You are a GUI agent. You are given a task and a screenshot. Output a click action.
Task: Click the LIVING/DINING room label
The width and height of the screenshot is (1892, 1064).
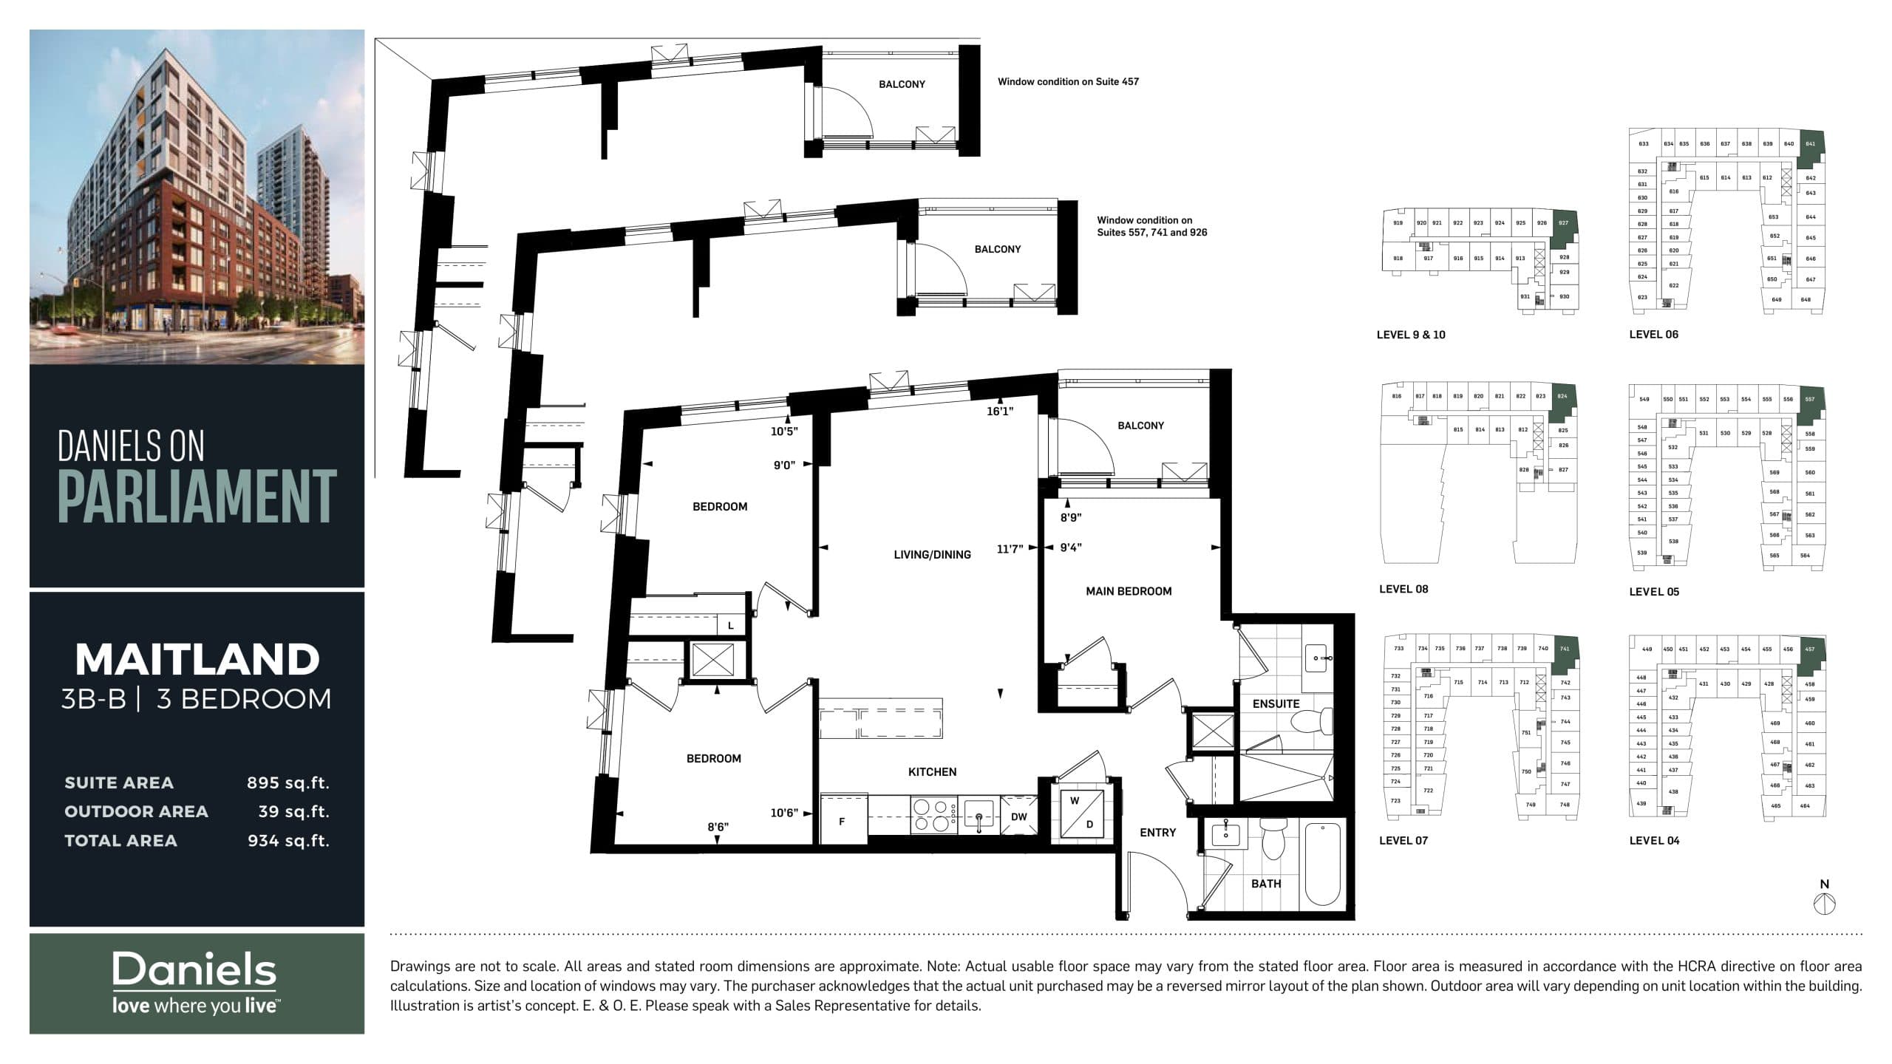coord(932,555)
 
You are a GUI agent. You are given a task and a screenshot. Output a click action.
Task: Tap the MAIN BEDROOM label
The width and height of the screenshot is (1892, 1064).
coord(1129,591)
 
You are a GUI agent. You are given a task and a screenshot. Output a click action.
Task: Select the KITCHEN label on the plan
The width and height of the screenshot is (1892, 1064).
coord(932,771)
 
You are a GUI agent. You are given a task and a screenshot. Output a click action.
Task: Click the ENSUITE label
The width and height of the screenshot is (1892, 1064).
coord(1276,703)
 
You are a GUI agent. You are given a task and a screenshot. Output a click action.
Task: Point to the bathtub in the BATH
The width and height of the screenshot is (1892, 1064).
coord(1322,865)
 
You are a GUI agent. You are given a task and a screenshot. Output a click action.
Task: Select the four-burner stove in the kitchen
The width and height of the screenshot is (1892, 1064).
coord(932,816)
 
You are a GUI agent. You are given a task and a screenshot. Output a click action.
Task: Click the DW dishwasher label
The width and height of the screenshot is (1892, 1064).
coord(1019,816)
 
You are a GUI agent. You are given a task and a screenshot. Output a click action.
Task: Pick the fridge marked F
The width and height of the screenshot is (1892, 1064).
coord(842,821)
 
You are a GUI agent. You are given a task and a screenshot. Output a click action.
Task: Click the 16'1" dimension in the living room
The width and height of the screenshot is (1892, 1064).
coord(1000,412)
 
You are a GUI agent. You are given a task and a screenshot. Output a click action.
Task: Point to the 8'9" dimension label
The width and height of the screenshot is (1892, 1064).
coord(1071,518)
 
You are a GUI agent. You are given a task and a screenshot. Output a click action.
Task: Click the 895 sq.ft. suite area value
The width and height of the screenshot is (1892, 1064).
coord(288,783)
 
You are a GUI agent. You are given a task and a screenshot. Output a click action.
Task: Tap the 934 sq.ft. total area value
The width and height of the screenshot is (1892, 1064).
coord(288,841)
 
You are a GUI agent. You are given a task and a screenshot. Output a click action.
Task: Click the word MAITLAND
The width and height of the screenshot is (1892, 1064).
coord(197,659)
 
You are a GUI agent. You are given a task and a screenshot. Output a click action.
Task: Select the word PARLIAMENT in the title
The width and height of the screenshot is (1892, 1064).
coord(197,496)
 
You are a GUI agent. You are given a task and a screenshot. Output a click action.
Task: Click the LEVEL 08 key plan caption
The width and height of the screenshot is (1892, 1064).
coord(1403,589)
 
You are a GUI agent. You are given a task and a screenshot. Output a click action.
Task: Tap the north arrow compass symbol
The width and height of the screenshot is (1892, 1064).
coord(1825,902)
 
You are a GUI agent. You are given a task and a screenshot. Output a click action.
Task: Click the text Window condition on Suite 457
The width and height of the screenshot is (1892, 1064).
coord(1068,82)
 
